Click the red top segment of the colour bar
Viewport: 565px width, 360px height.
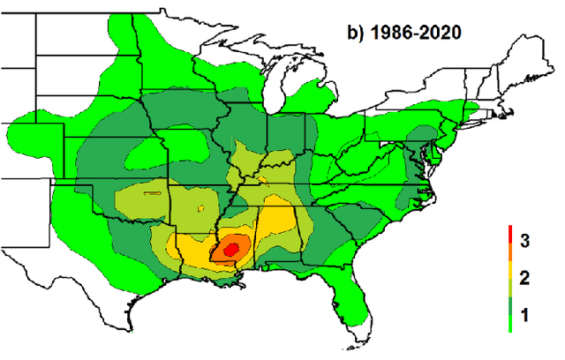pyautogui.click(x=510, y=236)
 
